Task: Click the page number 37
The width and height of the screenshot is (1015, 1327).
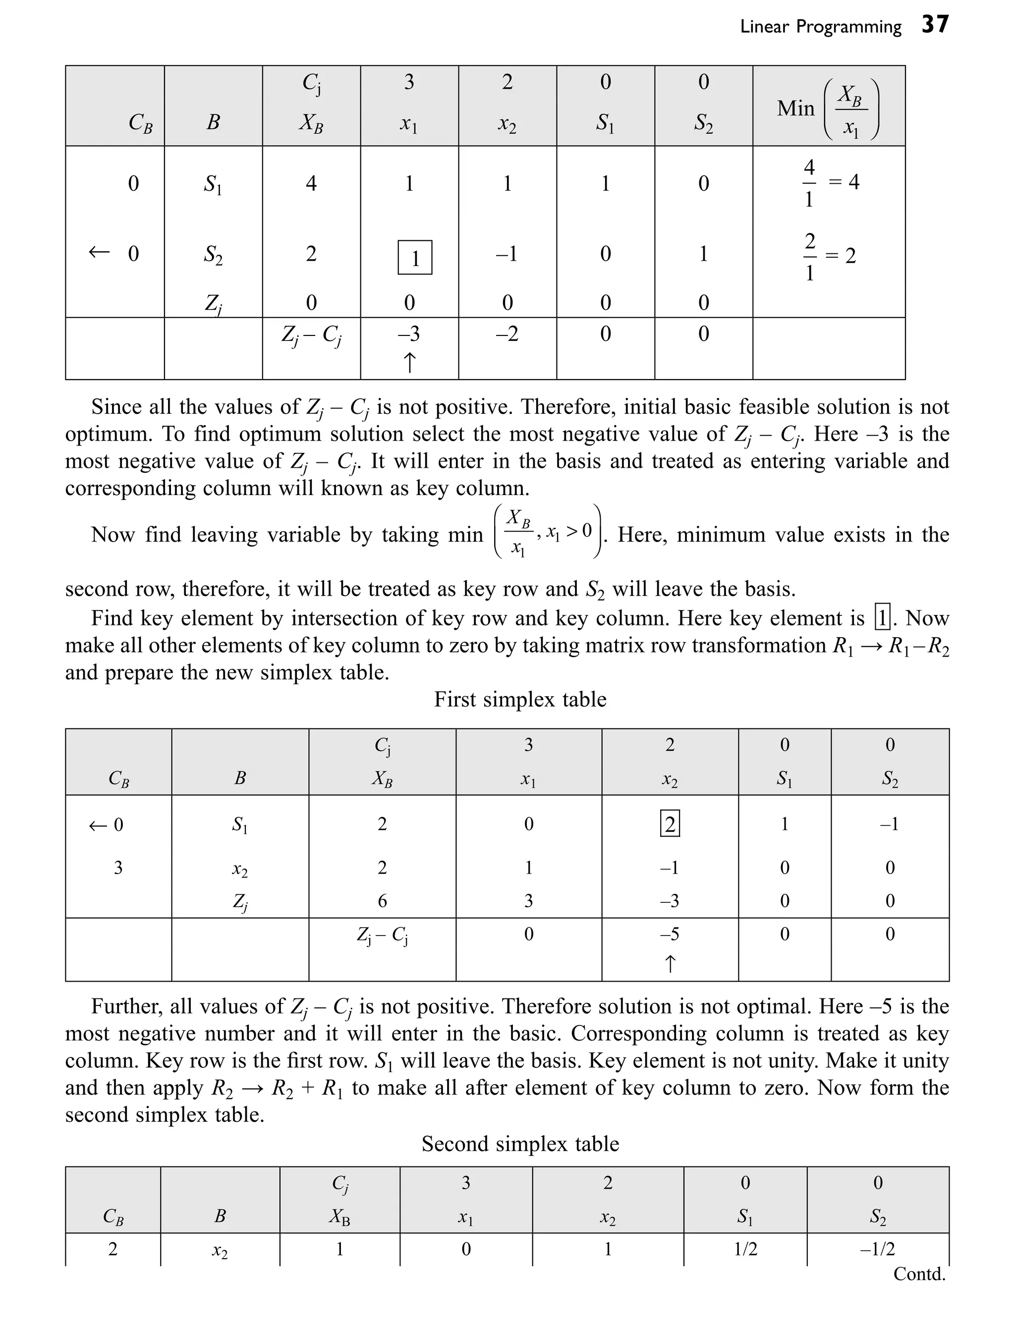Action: pos(935,25)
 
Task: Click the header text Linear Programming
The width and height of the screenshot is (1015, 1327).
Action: pos(820,27)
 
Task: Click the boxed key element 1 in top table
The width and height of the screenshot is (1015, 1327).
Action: pos(414,258)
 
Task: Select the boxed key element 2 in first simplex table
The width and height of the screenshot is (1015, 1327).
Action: pos(670,824)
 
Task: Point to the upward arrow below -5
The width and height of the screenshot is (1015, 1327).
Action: pos(670,963)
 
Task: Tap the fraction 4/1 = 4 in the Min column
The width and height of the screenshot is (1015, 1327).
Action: pos(831,182)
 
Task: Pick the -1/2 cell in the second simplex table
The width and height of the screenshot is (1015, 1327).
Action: pos(877,1249)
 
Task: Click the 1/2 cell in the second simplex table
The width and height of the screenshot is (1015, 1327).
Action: pos(745,1249)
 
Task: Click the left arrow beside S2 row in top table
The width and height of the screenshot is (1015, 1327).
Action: pos(99,252)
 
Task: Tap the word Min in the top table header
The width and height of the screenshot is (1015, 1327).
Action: pos(795,109)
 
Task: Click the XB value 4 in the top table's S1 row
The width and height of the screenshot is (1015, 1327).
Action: pos(311,183)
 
